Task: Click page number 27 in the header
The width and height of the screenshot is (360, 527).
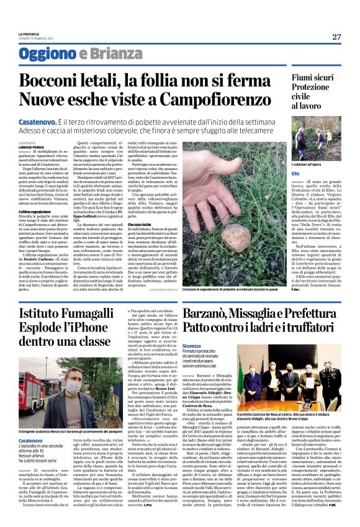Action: (x=336, y=37)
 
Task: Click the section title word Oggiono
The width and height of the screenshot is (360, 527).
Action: (x=44, y=54)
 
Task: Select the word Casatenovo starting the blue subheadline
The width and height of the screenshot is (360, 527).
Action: (x=43, y=124)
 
